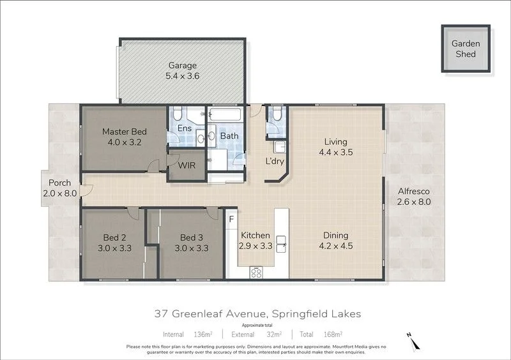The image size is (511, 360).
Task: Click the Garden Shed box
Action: [x=466, y=49]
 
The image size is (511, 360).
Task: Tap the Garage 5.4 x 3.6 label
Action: [x=182, y=71]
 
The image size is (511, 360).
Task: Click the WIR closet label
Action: [x=187, y=165]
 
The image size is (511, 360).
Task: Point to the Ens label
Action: [x=185, y=128]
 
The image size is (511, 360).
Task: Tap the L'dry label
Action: [x=275, y=161]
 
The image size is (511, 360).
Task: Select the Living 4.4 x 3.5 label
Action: [x=335, y=147]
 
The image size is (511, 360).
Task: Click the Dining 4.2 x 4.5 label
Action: [x=335, y=240]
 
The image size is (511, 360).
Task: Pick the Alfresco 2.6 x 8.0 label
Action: [x=415, y=196]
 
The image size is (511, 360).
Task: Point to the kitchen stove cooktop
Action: [x=257, y=272]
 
